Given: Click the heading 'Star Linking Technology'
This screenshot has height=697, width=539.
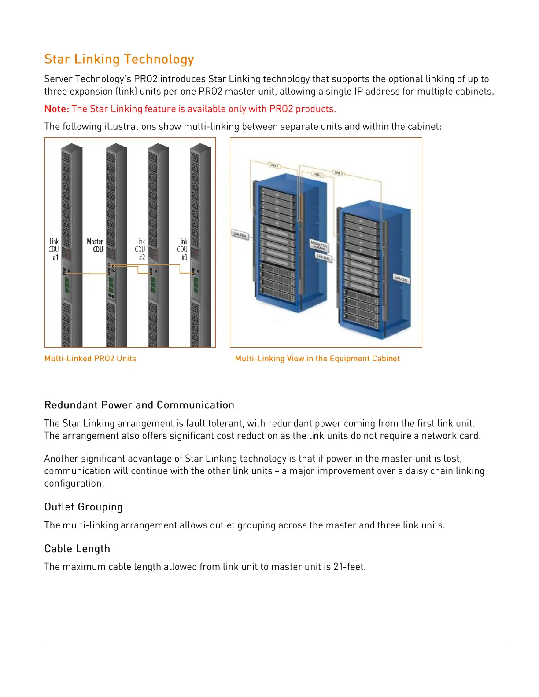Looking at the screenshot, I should (x=119, y=59).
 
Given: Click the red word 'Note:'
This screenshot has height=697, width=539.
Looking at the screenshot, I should (x=57, y=109).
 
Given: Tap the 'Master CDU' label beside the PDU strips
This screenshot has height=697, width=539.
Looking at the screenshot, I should (x=96, y=246).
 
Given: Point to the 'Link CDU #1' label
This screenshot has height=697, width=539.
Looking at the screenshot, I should (x=54, y=249).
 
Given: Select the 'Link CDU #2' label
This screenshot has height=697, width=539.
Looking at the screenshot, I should (x=140, y=249).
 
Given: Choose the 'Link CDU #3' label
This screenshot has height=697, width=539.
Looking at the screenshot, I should (x=183, y=249).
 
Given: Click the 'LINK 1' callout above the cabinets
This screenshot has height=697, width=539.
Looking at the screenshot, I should (x=274, y=166).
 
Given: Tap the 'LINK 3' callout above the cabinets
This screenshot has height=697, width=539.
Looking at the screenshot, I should (x=338, y=173).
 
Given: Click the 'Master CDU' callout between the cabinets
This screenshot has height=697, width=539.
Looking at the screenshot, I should (x=319, y=245).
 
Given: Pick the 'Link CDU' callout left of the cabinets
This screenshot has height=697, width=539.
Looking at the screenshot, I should (x=240, y=235).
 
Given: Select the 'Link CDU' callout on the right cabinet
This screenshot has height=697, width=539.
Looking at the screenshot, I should (x=401, y=279).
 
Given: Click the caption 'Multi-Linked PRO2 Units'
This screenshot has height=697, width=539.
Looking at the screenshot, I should (x=90, y=359).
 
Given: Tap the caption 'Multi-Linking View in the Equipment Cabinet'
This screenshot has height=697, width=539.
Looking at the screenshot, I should (x=317, y=359).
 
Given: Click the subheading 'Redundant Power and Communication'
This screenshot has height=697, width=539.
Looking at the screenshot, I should (x=139, y=405).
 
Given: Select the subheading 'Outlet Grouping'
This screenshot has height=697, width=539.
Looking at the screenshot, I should (x=84, y=507).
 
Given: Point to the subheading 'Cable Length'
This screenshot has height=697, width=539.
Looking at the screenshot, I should (x=78, y=549).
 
